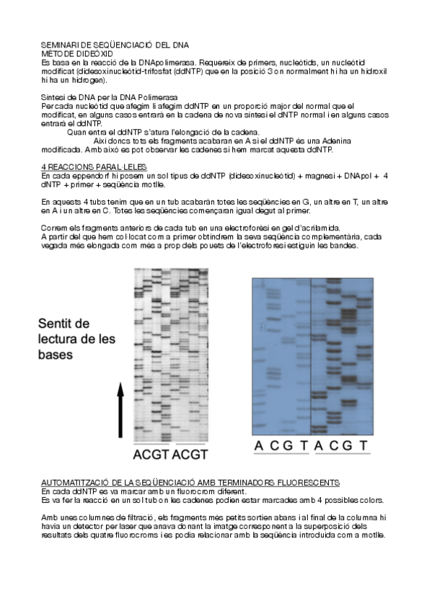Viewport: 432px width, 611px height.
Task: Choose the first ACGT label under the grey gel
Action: (151, 455)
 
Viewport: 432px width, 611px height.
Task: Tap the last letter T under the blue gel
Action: (363, 447)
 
